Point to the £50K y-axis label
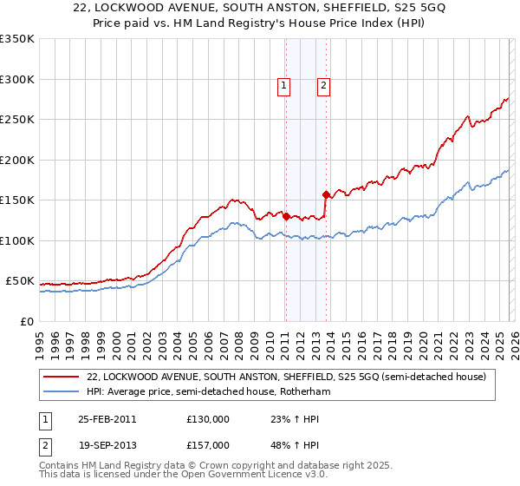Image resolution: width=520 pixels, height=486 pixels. [18, 281]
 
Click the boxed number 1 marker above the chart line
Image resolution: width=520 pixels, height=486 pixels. [284, 85]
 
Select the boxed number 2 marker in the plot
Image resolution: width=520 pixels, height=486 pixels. [323, 85]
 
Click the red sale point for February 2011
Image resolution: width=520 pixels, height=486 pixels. [286, 217]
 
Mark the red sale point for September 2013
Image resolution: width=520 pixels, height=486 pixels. [326, 194]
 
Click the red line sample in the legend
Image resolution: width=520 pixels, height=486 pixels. [63, 377]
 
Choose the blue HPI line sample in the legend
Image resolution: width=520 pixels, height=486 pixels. [63, 392]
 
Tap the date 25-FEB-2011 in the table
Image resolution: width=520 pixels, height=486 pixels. [107, 419]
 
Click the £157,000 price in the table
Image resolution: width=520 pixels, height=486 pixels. [208, 444]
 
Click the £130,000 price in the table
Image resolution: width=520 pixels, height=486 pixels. [208, 419]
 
